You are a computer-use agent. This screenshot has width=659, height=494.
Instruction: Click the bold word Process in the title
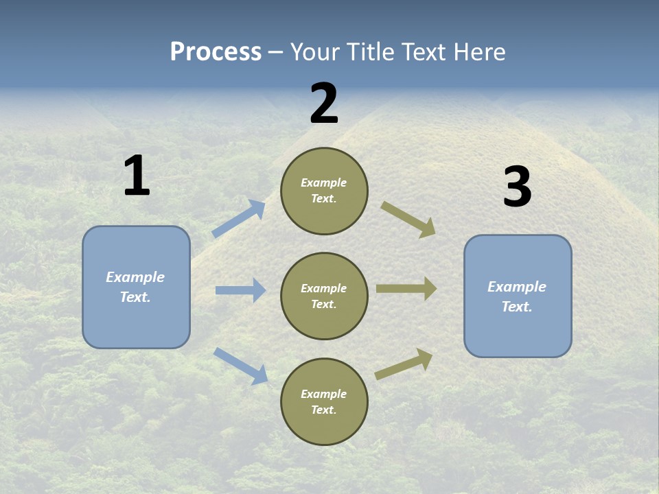pos(216,52)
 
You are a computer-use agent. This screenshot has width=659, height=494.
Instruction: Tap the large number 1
pos(137,176)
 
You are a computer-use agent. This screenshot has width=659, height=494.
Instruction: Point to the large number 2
pos(324,104)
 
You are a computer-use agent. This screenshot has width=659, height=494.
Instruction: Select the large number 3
pos(517,187)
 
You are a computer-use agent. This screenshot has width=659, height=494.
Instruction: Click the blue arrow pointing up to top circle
pos(238,219)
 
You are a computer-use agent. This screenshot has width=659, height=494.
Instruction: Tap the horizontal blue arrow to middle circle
pos(240,290)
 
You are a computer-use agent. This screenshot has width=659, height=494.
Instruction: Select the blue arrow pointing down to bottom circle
pos(240,366)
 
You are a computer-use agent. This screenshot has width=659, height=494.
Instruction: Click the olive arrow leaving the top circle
pos(408,219)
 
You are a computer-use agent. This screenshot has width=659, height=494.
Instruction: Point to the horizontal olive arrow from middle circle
pos(406,289)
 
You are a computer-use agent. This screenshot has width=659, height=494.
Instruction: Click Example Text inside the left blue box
pos(135,287)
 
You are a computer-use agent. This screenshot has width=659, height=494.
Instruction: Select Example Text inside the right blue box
pos(517,296)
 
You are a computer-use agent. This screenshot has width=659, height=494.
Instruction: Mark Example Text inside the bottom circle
pos(324,401)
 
